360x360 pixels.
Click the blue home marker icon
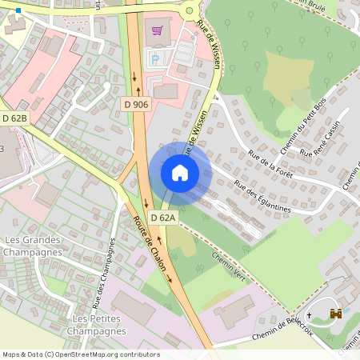tap(180, 172)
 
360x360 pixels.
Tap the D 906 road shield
tap(136, 104)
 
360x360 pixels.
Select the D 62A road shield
tap(162, 218)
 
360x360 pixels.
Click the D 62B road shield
tap(14, 118)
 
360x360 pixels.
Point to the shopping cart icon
tap(158, 30)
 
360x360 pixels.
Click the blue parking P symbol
tap(152, 58)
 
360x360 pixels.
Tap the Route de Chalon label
tap(153, 243)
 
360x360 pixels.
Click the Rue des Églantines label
tap(262, 195)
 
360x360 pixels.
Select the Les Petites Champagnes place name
tap(95, 325)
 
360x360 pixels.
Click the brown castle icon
tap(336, 314)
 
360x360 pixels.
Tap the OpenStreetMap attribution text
tap(81, 354)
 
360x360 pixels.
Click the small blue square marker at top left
tap(17, 11)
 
